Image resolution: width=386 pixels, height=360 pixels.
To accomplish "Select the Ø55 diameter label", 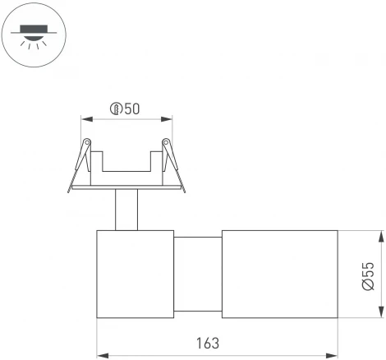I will coord(369,275).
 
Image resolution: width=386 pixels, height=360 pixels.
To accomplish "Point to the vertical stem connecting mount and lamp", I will coord(126,210).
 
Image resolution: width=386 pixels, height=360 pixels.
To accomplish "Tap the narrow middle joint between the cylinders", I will coord(197,275).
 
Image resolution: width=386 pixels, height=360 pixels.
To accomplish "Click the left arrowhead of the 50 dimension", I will coord(85,118).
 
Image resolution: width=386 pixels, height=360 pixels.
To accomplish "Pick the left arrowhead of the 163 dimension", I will coord(102,356).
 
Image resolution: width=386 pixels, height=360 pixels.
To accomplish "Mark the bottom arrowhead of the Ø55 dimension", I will coord(381,313).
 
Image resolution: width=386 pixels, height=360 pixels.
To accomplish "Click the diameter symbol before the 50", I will coord(117,108).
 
